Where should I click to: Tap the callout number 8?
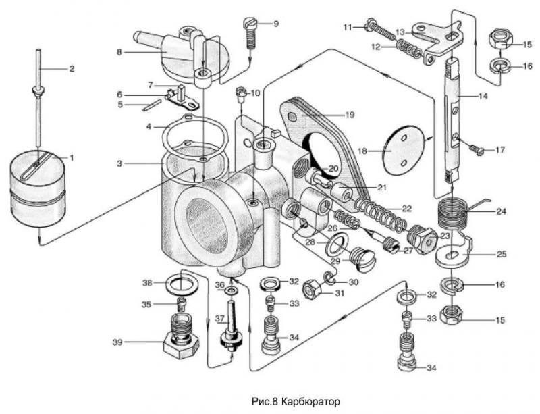[119, 51]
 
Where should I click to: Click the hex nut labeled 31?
[313, 292]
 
